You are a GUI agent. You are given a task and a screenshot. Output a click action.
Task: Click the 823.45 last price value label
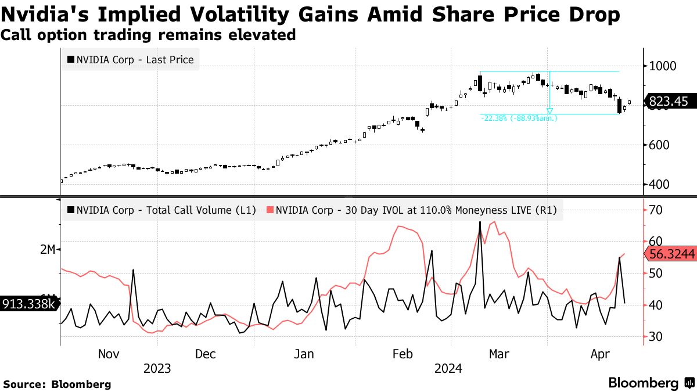[x=668, y=102]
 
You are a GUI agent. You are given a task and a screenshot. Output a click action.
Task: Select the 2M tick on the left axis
[x=47, y=249]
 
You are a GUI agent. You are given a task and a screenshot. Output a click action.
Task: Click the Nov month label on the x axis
[x=109, y=354]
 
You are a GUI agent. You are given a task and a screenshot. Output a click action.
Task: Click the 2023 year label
[x=157, y=369]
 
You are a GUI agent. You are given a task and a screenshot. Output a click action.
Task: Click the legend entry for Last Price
[x=131, y=59]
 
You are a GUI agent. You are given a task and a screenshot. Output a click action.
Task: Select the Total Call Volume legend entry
[x=162, y=211]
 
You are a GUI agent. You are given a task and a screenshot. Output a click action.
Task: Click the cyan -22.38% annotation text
[x=519, y=118]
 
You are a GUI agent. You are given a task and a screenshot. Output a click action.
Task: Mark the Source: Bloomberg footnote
[x=57, y=384]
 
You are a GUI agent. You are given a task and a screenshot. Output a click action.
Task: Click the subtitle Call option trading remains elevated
[x=148, y=35]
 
